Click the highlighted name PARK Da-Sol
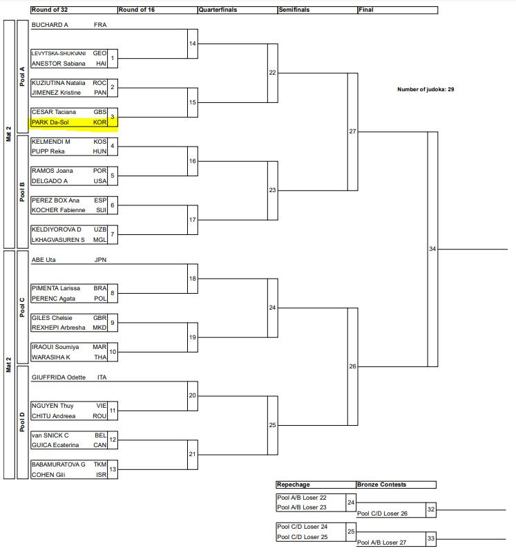(x=50, y=122)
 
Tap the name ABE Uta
(x=44, y=260)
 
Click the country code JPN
(x=101, y=260)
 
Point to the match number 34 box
(x=432, y=249)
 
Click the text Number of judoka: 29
(x=426, y=89)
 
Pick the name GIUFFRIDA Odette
(x=58, y=377)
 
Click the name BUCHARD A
(x=50, y=24)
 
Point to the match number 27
(x=352, y=131)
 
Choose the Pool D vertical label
(x=22, y=421)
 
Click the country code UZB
(x=100, y=229)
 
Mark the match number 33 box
(x=431, y=538)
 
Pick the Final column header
(x=367, y=10)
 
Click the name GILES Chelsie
(x=52, y=318)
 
